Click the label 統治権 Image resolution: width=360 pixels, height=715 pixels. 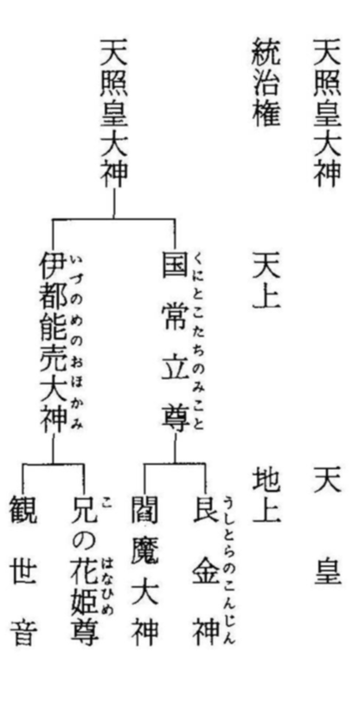click(266, 82)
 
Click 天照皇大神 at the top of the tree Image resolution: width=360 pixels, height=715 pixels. click(114, 113)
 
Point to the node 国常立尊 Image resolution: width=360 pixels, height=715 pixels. click(175, 341)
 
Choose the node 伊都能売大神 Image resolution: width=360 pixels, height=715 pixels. click(54, 342)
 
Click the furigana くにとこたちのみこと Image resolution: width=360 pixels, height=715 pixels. click(199, 342)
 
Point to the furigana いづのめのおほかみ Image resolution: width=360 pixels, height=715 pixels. click(77, 343)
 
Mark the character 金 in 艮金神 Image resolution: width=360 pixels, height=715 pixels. click(206, 569)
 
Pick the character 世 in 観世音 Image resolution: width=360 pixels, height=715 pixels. click(23, 570)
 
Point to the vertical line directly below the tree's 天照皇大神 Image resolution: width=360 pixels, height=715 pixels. click(114, 203)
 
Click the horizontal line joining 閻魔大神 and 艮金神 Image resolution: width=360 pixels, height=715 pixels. click(175, 464)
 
